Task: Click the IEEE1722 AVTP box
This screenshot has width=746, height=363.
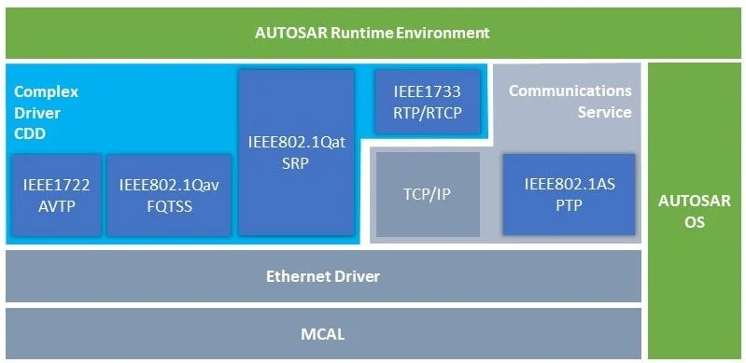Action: (x=56, y=195)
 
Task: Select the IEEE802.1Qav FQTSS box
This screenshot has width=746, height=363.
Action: (x=169, y=195)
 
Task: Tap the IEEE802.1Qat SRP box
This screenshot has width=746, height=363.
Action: (x=296, y=152)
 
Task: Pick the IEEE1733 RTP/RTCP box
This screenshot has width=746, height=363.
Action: (x=427, y=102)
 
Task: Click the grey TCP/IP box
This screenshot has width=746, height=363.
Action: (x=429, y=195)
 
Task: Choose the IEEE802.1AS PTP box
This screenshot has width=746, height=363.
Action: (x=569, y=195)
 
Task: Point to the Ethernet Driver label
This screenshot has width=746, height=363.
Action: (x=322, y=276)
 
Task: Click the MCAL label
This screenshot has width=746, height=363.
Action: (x=322, y=334)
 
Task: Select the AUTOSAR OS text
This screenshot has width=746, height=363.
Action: (x=694, y=211)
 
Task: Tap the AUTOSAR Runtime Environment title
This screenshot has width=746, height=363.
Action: (x=372, y=34)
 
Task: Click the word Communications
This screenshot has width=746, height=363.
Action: (x=570, y=91)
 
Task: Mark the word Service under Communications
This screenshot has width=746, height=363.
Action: (x=604, y=112)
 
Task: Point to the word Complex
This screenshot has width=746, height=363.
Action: (x=46, y=91)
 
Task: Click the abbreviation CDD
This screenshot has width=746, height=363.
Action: (x=30, y=134)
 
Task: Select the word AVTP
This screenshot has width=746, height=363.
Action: (x=56, y=207)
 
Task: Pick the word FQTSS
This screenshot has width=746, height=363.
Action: (x=169, y=207)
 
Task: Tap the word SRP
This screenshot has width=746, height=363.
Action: (x=296, y=163)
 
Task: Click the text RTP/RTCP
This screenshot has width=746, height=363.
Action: (x=427, y=113)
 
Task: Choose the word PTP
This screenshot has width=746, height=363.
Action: (x=569, y=206)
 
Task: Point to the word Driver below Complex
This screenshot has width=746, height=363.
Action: (x=37, y=113)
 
